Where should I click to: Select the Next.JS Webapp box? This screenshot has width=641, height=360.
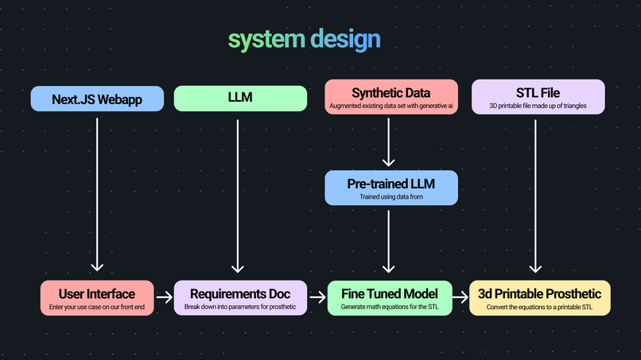pos(97,99)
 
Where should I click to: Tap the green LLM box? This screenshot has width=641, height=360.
pos(240,99)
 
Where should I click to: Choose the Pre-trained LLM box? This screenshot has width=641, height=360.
pos(390,188)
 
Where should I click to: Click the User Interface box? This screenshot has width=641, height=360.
pos(97,298)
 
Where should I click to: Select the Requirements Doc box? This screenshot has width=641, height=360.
pos(239,298)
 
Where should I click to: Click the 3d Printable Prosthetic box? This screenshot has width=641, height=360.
pos(540,298)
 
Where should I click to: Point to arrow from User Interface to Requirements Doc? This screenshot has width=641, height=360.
pos(164,298)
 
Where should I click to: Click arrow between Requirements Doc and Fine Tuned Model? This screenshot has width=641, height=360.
pos(317,298)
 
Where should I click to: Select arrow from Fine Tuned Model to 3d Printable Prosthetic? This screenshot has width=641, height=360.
pos(460,298)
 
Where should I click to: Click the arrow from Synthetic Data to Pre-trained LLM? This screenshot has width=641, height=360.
pos(388,142)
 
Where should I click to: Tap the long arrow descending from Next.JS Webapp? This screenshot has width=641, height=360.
pos(97,195)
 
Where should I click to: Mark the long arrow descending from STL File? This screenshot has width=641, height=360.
pos(535,195)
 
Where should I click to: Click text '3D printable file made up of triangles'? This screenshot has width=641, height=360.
pos(538,106)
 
